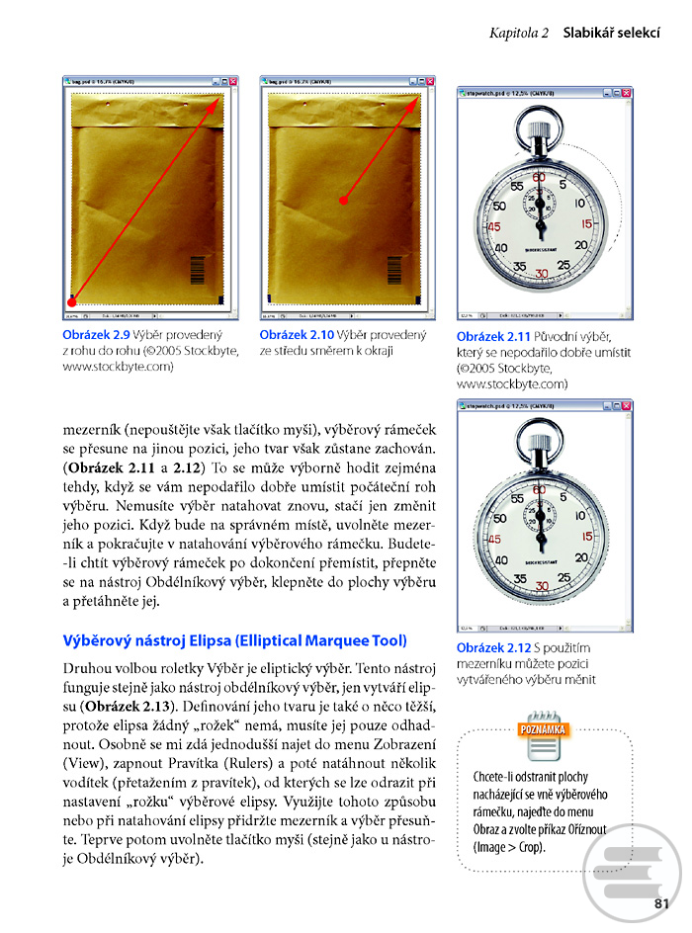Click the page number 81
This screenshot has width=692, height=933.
click(662, 900)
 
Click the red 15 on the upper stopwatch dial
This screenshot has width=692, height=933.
click(586, 224)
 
